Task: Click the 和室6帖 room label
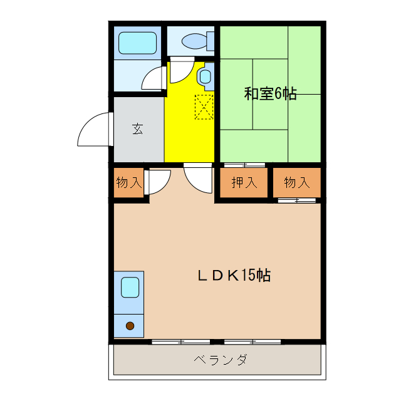270,95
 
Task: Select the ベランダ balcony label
219,360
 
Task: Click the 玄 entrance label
137,129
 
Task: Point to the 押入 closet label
244,182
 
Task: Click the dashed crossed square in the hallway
204,106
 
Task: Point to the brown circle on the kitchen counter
130,326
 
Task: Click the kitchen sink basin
130,287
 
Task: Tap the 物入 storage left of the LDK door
128,182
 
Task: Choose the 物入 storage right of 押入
296,182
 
